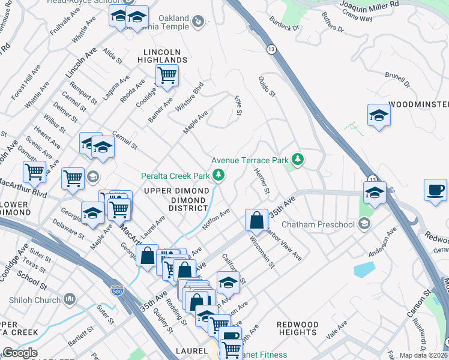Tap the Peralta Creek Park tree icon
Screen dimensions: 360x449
pyautogui.click(x=219, y=175)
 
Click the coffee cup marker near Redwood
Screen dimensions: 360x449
pyautogui.click(x=435, y=190)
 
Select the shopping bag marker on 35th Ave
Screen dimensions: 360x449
pyautogui.click(x=257, y=220)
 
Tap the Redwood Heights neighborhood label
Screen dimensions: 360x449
pyautogui.click(x=298, y=328)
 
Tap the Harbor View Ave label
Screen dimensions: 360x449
pyautogui.click(x=283, y=243)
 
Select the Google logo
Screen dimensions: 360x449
pyautogui.click(x=20, y=353)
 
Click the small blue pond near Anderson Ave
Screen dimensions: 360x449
pyautogui.click(x=364, y=269)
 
